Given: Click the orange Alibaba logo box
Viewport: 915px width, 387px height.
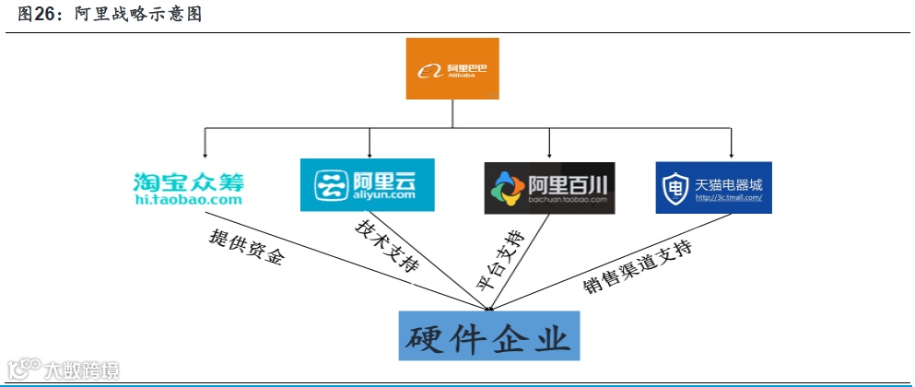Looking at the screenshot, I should click(x=452, y=69).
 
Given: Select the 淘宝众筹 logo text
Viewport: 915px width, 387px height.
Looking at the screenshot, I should click(x=188, y=179).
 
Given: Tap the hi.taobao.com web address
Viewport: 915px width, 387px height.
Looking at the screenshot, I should click(x=188, y=198).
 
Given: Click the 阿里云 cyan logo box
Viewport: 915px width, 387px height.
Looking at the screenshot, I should click(x=367, y=185).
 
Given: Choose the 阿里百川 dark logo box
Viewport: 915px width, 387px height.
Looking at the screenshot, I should click(x=549, y=187).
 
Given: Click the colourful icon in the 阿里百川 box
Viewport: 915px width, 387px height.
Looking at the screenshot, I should click(x=509, y=188).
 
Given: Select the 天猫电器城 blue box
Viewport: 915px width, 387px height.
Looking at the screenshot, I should click(x=713, y=187).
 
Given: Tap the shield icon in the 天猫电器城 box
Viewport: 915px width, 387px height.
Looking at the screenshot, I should click(x=676, y=188).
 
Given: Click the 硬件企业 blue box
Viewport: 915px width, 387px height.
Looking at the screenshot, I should click(x=489, y=335).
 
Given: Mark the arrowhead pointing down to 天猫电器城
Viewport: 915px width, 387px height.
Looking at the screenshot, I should click(x=732, y=155).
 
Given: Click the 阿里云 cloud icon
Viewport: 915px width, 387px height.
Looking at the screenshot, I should click(x=329, y=185).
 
